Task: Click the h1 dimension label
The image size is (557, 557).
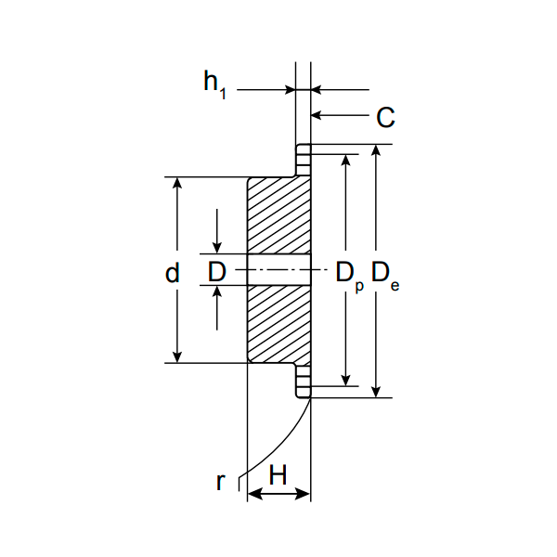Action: (215, 84)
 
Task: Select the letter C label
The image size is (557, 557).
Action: (385, 117)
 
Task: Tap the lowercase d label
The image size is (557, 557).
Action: (173, 272)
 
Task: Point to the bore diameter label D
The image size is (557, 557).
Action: (216, 272)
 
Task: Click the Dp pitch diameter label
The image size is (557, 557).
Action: (350, 277)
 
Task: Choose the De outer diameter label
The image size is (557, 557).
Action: (385, 276)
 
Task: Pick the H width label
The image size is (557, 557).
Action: (278, 474)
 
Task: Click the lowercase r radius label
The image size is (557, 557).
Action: (221, 482)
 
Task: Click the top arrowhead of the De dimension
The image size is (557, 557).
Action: (376, 150)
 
